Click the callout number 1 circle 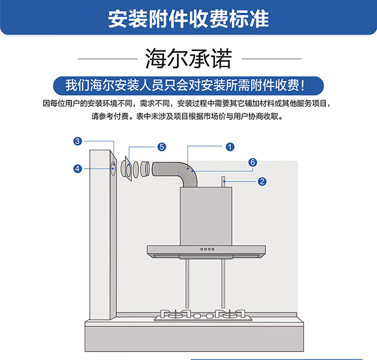230,147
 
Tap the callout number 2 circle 262,181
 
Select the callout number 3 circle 77,141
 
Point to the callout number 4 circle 77,169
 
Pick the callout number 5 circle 161,147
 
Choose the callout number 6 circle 253,162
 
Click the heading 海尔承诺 189,59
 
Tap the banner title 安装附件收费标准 189,19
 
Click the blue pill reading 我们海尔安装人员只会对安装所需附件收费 189,85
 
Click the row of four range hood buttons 207,249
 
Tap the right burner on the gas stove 230,314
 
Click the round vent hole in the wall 113,168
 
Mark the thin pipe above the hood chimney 223,182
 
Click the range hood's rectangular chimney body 206,216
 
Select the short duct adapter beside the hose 145,169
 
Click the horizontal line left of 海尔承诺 108,59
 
